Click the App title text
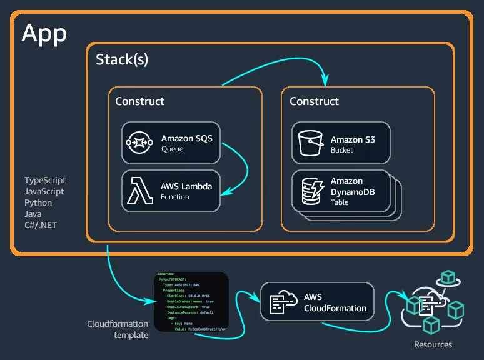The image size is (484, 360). (x=44, y=32)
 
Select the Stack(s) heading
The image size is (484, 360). (x=122, y=60)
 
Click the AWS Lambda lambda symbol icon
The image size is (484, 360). (x=141, y=191)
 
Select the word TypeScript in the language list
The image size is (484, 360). (x=44, y=180)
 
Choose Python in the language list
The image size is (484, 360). (x=38, y=202)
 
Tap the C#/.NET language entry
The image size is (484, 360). (x=41, y=225)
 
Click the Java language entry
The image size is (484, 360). (x=34, y=214)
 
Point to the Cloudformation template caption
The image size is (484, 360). (x=118, y=329)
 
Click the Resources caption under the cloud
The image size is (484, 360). (x=433, y=344)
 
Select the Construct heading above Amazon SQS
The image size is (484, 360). (x=139, y=101)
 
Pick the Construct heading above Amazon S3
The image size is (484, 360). (x=314, y=101)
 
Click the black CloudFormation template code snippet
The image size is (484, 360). (x=191, y=302)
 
